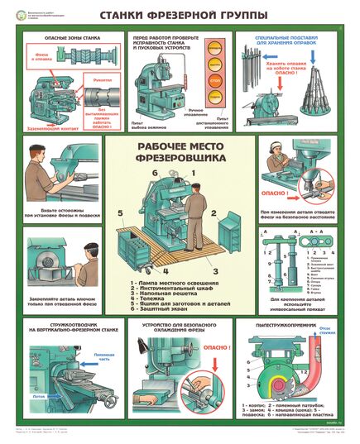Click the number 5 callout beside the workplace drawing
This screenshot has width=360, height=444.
(120, 212)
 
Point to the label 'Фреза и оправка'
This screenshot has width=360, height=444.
(37, 55)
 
